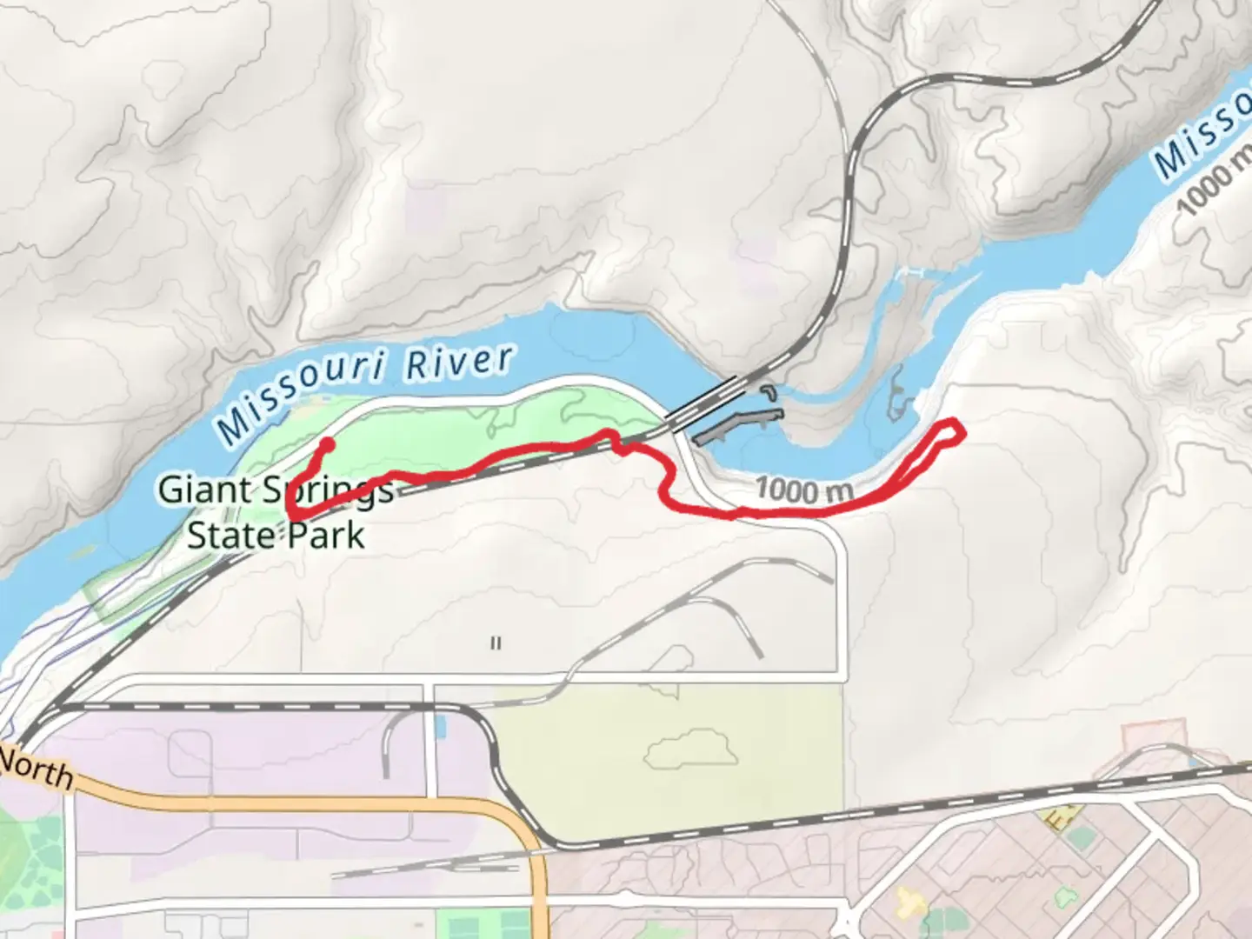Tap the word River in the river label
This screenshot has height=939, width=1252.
(x=459, y=363)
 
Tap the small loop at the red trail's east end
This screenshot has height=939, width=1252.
(x=947, y=432)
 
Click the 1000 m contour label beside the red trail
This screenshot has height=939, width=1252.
(x=803, y=490)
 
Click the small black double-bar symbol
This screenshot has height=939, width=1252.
(x=496, y=643)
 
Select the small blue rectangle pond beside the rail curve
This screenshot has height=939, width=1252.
(x=440, y=725)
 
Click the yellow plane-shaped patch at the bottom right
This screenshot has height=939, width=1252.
(x=912, y=902)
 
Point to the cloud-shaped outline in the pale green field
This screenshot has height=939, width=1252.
(x=691, y=747)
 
